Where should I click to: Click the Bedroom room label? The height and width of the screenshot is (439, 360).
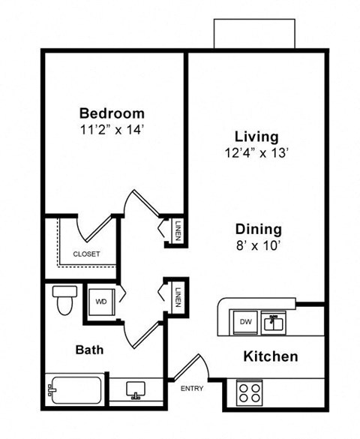[x=112, y=113]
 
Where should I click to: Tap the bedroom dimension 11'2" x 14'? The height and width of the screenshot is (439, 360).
[x=112, y=129]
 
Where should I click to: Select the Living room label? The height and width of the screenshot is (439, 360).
[x=256, y=137]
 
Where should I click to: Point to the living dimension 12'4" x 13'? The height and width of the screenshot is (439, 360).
[x=256, y=152]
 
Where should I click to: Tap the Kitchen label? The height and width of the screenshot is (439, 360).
[x=271, y=356]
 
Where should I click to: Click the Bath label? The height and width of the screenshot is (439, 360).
[x=88, y=350]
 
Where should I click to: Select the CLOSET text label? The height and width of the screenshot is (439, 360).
[x=86, y=254]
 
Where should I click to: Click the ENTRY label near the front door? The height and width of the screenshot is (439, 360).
[x=192, y=388]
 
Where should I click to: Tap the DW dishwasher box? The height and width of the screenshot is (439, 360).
[x=245, y=322]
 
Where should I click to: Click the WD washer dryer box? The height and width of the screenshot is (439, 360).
[x=101, y=302]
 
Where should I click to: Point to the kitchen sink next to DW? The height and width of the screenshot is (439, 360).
[x=274, y=323]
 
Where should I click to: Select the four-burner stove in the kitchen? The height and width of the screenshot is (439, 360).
[x=249, y=392]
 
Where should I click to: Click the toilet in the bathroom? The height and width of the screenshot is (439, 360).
[x=62, y=299]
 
